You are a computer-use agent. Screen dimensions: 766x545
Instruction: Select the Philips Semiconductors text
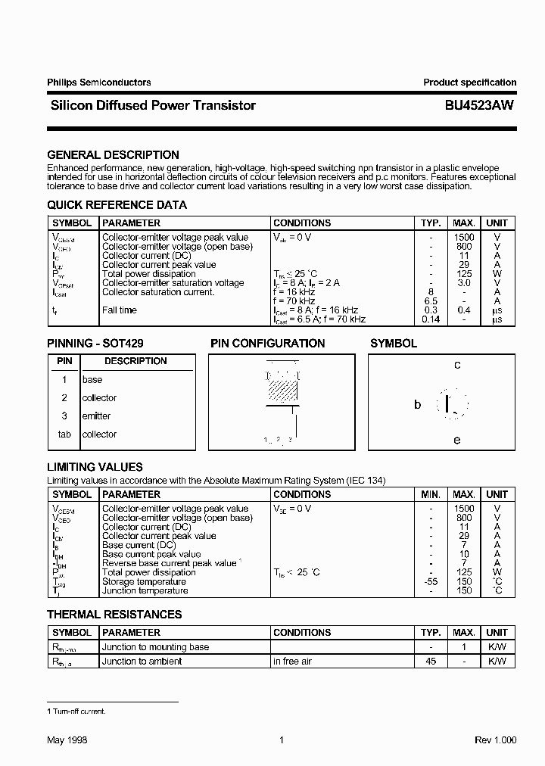[98, 83]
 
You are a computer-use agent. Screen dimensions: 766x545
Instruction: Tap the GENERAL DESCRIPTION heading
[113, 155]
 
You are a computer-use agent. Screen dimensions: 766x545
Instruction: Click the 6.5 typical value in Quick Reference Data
[431, 301]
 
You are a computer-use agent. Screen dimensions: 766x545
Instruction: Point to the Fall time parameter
[120, 310]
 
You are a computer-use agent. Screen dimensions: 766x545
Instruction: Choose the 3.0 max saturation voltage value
[464, 283]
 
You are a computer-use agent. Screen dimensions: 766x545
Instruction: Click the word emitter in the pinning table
[96, 416]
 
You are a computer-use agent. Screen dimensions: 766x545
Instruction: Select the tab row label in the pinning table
[64, 434]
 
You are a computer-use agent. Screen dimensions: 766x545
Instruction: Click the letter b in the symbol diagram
[417, 405]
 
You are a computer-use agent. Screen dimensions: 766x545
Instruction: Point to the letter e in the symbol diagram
[457, 440]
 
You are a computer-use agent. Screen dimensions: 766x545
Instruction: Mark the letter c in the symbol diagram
[457, 365]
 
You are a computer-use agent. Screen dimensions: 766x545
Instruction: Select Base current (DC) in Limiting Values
[139, 545]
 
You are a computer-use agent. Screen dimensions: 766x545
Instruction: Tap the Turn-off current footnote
[76, 712]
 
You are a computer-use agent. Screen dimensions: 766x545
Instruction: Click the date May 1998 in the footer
[67, 740]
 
